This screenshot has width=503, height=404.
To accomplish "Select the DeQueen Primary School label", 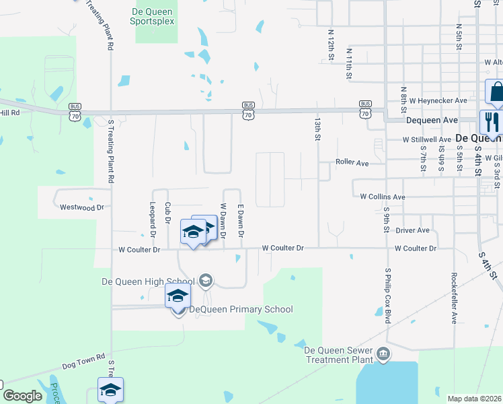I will click(241, 310).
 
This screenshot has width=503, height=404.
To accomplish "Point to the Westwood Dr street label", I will click(82, 207).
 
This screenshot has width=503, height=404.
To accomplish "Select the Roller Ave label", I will click(352, 163).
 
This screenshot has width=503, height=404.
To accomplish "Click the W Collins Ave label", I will click(383, 197).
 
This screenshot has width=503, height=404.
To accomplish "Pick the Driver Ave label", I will click(412, 230).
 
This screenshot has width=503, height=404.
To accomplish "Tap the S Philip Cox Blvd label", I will click(388, 297).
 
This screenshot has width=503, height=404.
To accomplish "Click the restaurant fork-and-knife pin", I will click(490, 122).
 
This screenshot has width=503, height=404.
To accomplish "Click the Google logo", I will click(22, 396).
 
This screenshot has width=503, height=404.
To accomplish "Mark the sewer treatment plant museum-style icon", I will click(383, 354).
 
